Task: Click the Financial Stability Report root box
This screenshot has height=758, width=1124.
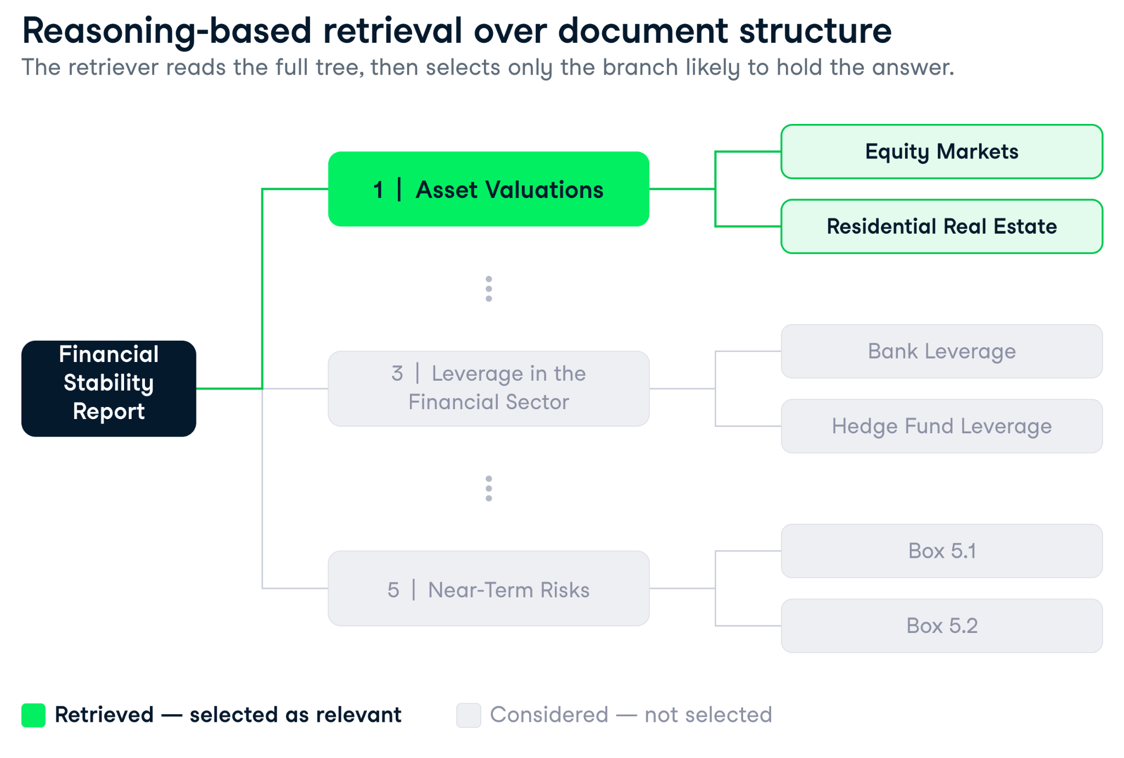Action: coord(109,388)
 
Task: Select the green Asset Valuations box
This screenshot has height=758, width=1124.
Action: coord(488,189)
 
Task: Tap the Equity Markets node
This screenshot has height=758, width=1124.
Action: coord(942,151)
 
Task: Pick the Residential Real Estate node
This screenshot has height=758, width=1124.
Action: coord(942,226)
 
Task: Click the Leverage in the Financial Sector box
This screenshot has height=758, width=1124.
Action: coord(488,388)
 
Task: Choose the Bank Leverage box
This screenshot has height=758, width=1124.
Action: coord(942,351)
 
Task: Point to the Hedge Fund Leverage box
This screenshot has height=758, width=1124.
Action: coord(942,426)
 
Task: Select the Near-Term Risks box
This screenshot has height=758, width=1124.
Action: coord(488,588)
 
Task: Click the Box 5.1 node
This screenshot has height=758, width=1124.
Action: coord(942,551)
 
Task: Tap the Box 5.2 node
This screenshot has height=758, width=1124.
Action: coord(942,626)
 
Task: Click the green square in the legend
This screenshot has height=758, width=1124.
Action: coord(33,715)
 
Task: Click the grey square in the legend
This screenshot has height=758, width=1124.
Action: coord(469,715)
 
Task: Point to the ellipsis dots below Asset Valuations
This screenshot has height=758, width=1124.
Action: coord(488,289)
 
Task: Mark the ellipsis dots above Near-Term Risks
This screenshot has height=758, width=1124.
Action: coord(488,489)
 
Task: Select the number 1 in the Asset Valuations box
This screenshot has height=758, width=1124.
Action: coord(378,190)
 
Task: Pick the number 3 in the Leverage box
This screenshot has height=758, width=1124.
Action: coord(397,374)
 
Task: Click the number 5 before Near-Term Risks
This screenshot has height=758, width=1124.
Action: coord(393,590)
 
